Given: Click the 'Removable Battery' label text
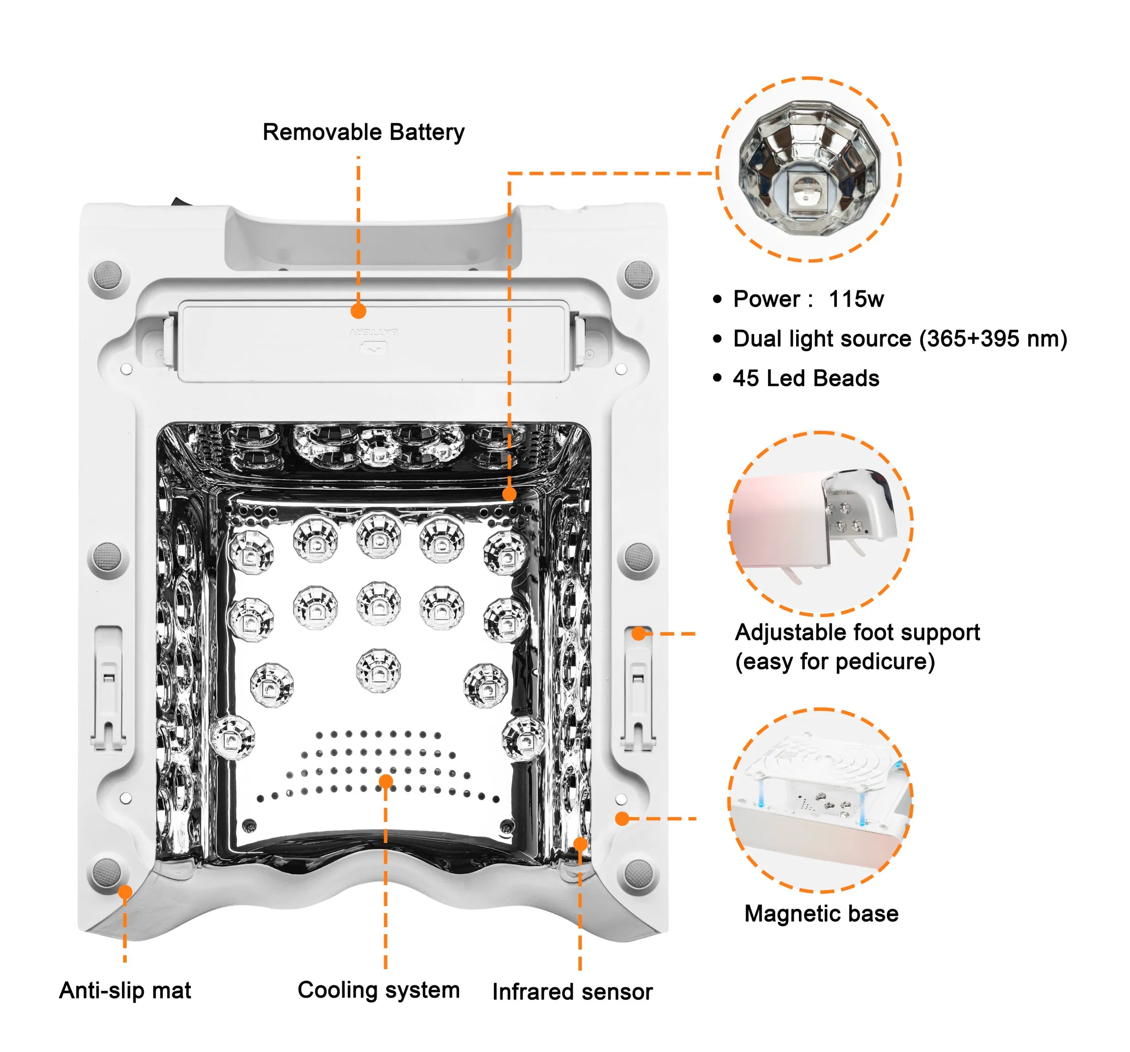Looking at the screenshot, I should tap(363, 132).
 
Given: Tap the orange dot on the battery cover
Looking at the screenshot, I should tap(358, 311).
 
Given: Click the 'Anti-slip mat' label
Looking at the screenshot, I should tap(125, 990).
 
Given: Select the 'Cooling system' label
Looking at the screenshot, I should tap(379, 990).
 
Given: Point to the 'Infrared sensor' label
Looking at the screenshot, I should tap(572, 992).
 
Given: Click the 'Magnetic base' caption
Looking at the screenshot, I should tap(821, 913).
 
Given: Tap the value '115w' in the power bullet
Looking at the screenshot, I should tap(856, 299).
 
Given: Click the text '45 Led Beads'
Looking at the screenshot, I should tap(805, 378).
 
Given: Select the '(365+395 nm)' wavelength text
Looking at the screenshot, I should tap(993, 339).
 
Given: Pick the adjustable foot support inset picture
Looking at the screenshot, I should tap(820, 523).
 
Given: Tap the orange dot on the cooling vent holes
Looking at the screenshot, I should tap(386, 781).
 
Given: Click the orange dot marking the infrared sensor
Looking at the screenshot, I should tap(580, 844).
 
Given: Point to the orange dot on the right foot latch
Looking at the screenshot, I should tap(639, 633).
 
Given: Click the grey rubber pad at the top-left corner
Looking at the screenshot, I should tap(107, 275).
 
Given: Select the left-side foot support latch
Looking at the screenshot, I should tap(108, 687).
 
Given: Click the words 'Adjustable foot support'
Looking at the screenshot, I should tap(857, 632).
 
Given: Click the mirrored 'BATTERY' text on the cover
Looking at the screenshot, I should tap(374, 332).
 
